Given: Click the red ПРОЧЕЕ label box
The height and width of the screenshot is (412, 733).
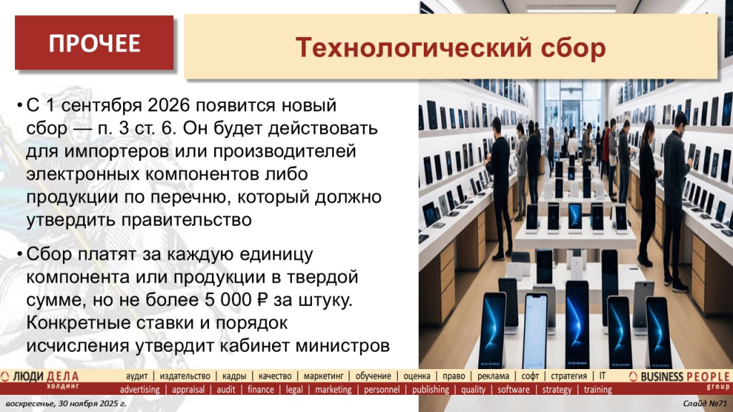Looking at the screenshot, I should [x=94, y=43].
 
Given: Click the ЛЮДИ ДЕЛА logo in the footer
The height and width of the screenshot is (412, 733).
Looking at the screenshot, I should [x=43, y=377].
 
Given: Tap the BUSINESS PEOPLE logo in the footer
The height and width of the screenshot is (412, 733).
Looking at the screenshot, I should [x=680, y=377].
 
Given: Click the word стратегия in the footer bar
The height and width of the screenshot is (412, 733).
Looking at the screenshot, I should [x=568, y=376].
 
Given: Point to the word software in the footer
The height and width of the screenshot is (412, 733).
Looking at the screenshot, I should [x=513, y=390].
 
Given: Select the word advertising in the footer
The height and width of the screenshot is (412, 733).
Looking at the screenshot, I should [x=140, y=390].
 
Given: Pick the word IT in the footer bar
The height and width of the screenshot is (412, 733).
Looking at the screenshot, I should [x=603, y=376].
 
